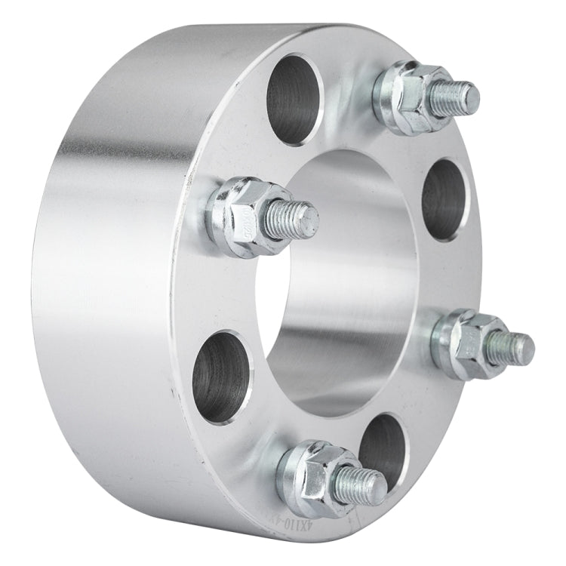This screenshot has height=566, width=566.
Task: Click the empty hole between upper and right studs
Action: (446, 199)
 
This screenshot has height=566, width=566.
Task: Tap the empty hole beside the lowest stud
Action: (381, 446)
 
